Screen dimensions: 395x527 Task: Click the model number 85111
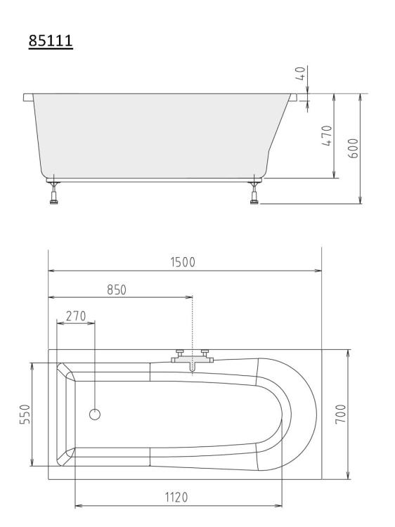(51, 41)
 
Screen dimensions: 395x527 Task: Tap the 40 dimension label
(301, 73)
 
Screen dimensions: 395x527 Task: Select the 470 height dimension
(327, 136)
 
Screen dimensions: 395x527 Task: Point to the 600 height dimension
(353, 148)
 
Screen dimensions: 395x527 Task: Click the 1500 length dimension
(183, 262)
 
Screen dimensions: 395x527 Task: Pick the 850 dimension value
(117, 289)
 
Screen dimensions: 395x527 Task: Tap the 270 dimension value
(76, 316)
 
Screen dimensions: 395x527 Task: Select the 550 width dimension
(25, 414)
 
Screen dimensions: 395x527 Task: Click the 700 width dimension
(341, 414)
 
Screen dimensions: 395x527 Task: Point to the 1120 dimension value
(176, 497)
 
